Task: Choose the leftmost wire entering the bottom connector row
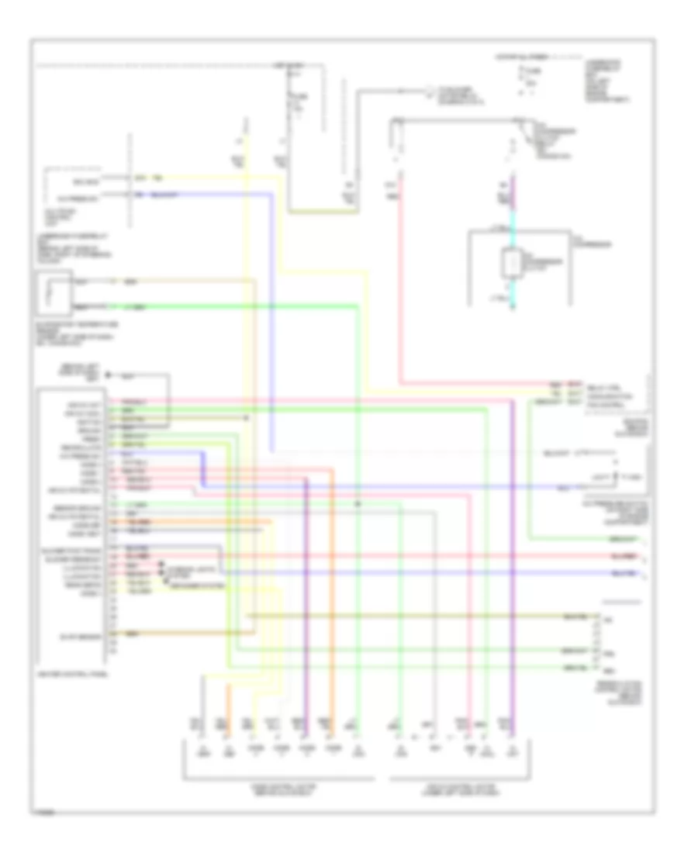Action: point(201,725)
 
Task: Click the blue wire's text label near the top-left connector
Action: point(162,194)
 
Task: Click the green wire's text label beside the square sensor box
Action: point(136,307)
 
